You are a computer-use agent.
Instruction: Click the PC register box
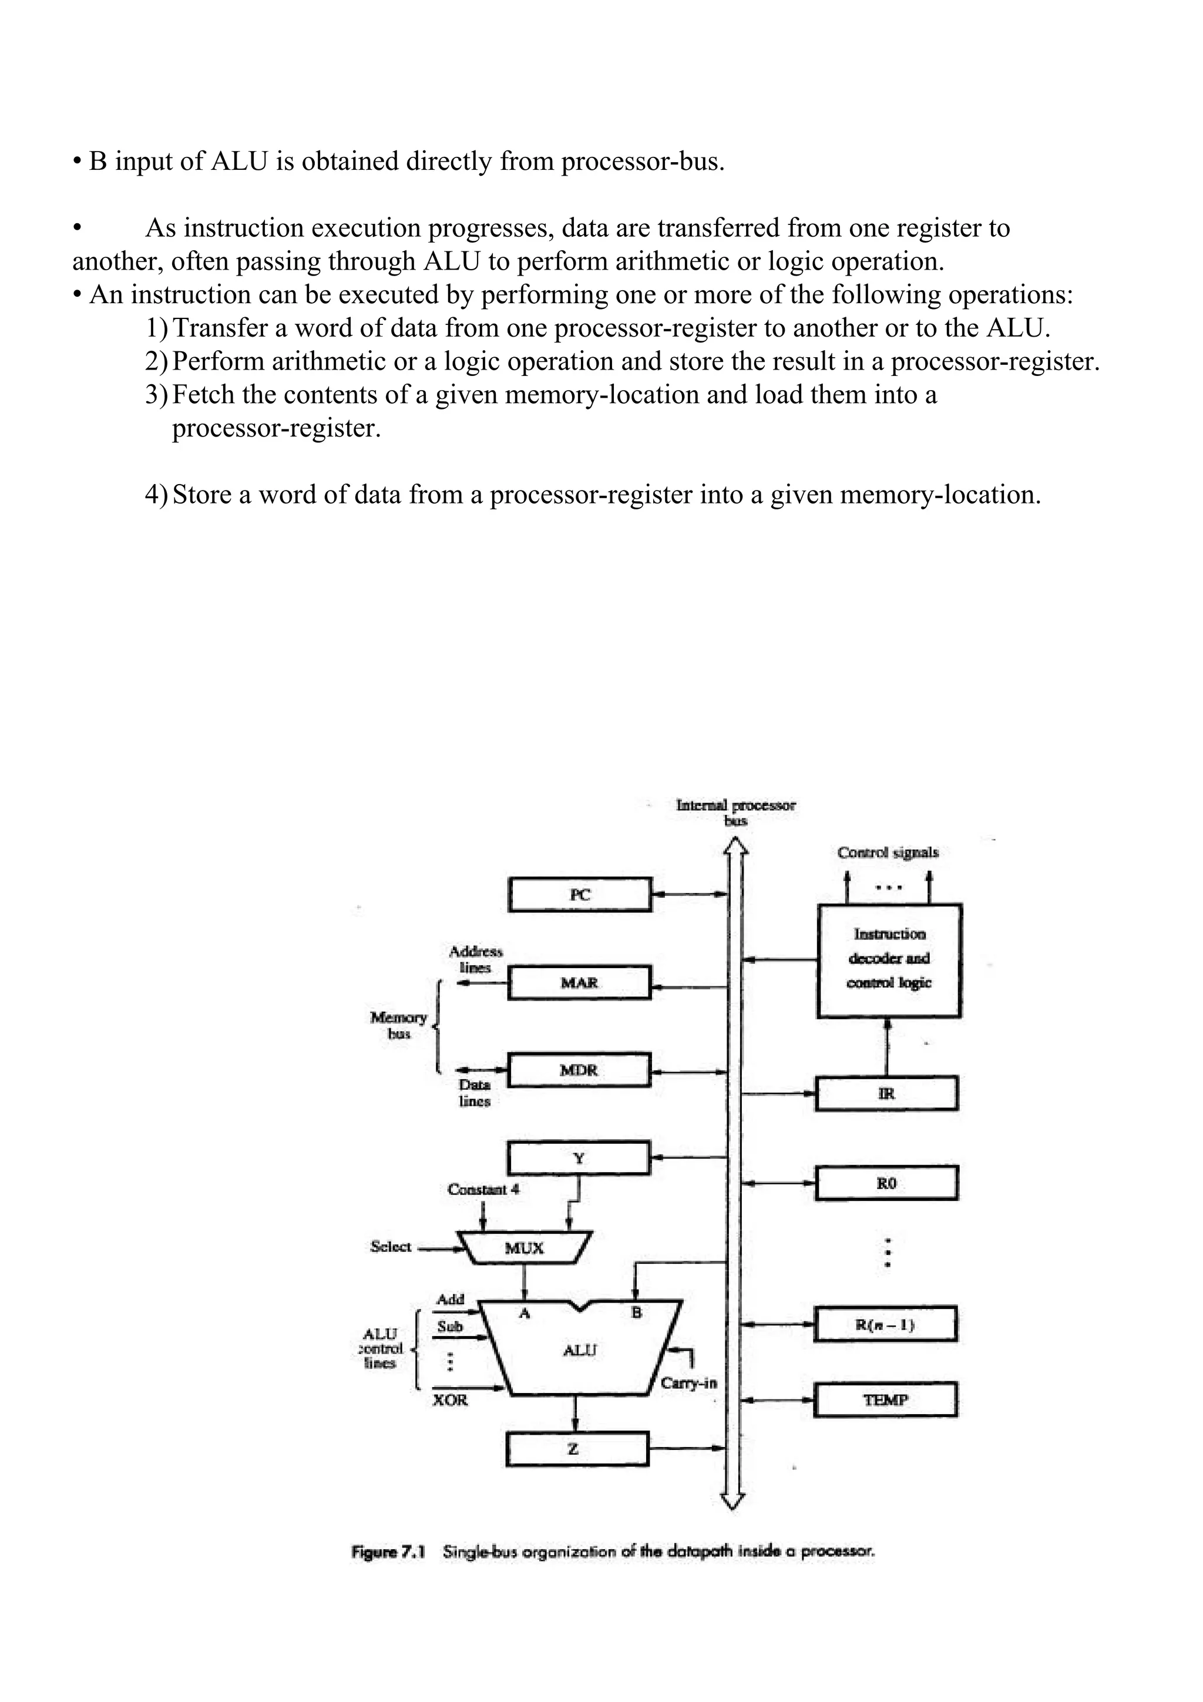coord(580,895)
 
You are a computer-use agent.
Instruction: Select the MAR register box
coord(580,982)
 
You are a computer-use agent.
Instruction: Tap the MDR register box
coord(579,1070)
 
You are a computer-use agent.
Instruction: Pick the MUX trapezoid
coord(525,1248)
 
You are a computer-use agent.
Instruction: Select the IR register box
coord(886,1093)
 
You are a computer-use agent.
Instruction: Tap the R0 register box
coord(886,1183)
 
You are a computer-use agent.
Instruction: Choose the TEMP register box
coord(885,1399)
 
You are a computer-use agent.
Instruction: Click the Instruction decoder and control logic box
coord(889,959)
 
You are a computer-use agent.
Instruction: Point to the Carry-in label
coord(688,1383)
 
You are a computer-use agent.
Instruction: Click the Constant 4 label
coord(483,1189)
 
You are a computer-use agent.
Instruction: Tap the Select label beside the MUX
coord(391,1247)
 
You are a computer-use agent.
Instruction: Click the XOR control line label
coord(450,1400)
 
